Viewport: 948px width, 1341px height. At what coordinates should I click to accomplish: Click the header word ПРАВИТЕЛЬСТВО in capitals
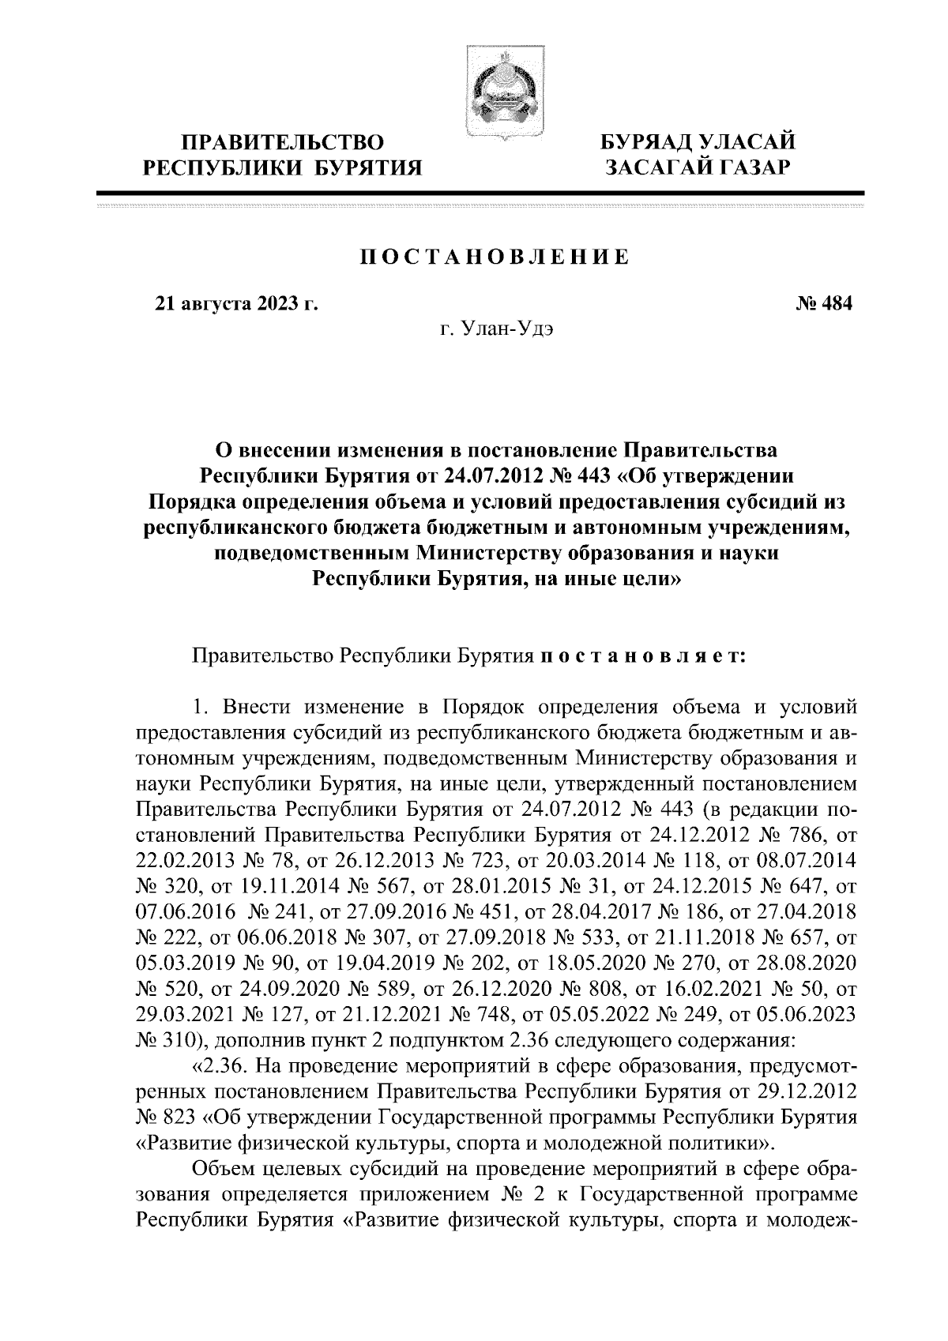tap(283, 143)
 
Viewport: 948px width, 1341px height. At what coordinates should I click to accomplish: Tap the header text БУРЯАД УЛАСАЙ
tap(696, 142)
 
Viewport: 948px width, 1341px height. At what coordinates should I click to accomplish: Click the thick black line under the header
tap(480, 193)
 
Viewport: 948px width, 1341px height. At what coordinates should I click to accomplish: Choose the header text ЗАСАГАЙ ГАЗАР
tap(696, 167)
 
